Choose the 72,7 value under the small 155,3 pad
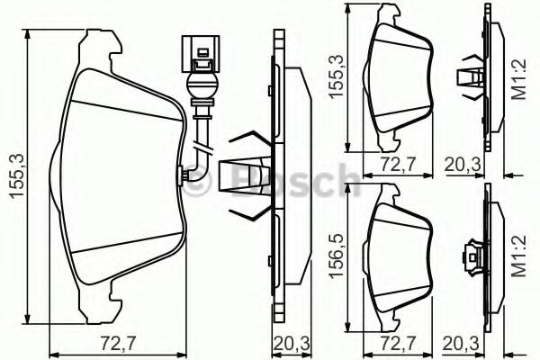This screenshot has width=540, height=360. [399, 165]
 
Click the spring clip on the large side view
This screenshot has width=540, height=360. [249, 175]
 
